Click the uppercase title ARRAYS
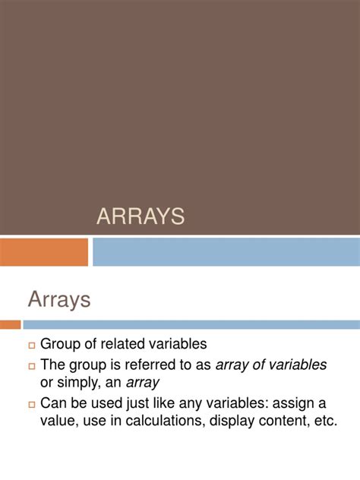point(141,216)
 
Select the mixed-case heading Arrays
point(59,299)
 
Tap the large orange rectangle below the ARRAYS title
point(44,252)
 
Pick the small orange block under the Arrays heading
point(11,324)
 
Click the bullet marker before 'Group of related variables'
point(32,346)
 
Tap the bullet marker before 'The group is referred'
point(32,366)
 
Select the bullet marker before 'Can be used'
point(32,404)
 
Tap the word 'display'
point(238,422)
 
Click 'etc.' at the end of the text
point(324,422)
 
